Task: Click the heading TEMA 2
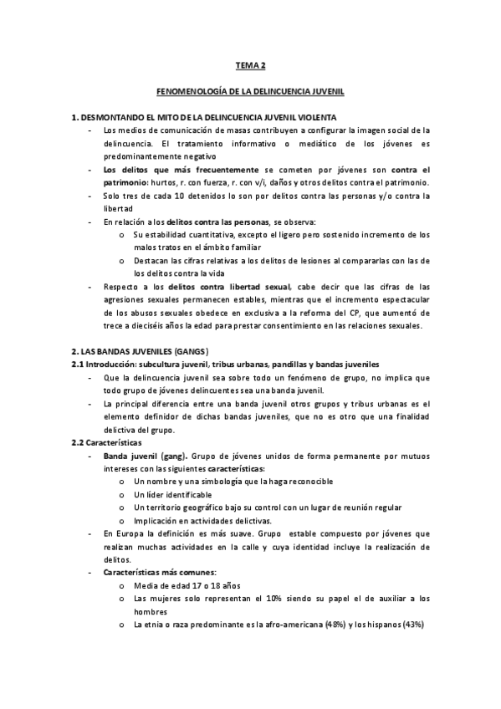tap(251, 64)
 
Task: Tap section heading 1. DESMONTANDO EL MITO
tap(204, 117)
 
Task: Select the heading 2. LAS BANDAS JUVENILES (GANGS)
tap(140, 352)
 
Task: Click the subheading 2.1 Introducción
tap(226, 365)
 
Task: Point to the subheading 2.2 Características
tap(107, 441)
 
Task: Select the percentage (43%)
tap(413, 624)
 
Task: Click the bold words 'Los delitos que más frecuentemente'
tap(160, 169)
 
